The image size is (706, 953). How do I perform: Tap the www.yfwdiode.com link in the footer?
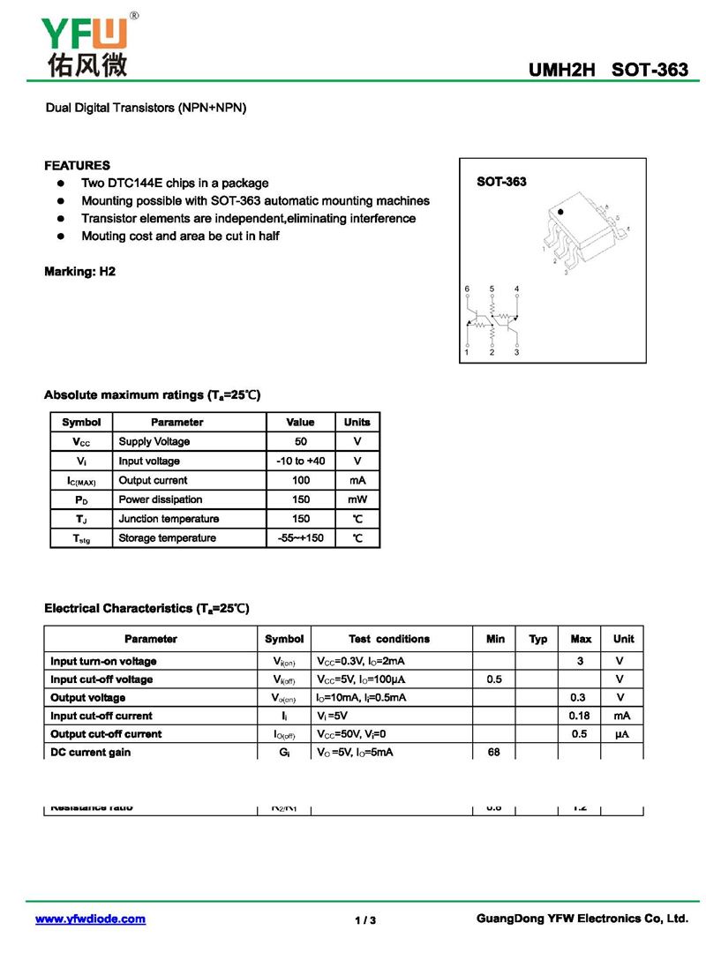pyautogui.click(x=90, y=919)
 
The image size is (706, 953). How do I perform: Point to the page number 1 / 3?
pyautogui.click(x=365, y=920)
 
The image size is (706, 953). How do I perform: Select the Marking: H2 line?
pyautogui.click(x=79, y=272)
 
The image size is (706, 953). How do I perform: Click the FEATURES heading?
pyautogui.click(x=78, y=165)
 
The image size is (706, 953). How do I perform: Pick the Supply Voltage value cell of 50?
pyautogui.click(x=301, y=441)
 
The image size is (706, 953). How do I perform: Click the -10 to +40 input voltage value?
pyautogui.click(x=301, y=461)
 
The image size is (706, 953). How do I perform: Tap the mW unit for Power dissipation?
pyautogui.click(x=357, y=499)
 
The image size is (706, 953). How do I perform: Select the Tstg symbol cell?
pyautogui.click(x=81, y=538)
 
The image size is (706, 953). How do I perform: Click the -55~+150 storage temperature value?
pyautogui.click(x=301, y=538)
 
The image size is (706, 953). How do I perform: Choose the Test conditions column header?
pyautogui.click(x=389, y=639)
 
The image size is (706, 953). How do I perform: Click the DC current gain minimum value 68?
pyautogui.click(x=495, y=752)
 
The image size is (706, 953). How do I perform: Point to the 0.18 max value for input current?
pyautogui.click(x=580, y=716)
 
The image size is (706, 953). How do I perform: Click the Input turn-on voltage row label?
pyautogui.click(x=103, y=661)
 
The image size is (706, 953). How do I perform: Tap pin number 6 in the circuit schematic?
pyautogui.click(x=467, y=289)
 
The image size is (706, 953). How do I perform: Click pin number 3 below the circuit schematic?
pyautogui.click(x=516, y=353)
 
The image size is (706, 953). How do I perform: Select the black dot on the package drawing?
pyautogui.click(x=560, y=214)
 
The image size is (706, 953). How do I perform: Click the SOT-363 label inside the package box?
pyautogui.click(x=501, y=182)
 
